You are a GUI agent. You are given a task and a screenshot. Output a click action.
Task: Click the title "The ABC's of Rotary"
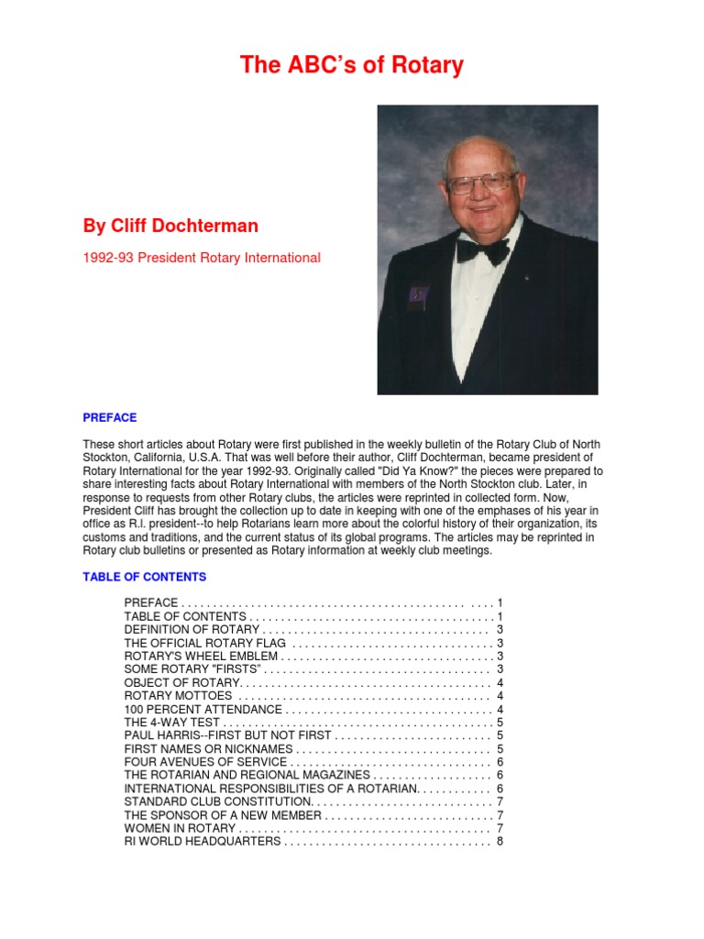(x=352, y=65)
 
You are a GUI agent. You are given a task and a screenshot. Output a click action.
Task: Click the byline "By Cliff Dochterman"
(x=170, y=226)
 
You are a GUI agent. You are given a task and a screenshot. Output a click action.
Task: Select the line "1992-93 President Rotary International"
(x=202, y=258)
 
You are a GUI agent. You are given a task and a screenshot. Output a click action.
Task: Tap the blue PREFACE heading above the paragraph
(x=109, y=416)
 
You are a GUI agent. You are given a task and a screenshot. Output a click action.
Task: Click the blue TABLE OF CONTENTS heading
(x=144, y=577)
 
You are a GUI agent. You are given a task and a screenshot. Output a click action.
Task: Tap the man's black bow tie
(x=483, y=249)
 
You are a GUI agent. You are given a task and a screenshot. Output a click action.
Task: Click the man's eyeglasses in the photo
(x=479, y=183)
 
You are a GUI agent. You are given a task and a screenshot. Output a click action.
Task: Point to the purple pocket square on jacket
(x=418, y=294)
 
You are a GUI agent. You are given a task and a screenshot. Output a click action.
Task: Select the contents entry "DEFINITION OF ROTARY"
(x=192, y=630)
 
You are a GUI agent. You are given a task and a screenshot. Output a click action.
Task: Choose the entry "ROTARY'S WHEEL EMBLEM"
(x=201, y=657)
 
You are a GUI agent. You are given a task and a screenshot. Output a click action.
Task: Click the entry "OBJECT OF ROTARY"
(x=182, y=683)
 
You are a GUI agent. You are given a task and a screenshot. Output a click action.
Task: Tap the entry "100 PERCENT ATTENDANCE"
(x=203, y=710)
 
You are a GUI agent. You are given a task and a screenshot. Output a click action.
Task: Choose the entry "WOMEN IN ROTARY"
(x=180, y=828)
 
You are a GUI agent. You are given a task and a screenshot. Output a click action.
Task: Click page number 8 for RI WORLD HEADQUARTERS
(x=500, y=841)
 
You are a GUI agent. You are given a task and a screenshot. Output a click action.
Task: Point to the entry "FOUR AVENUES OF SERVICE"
(x=205, y=762)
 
